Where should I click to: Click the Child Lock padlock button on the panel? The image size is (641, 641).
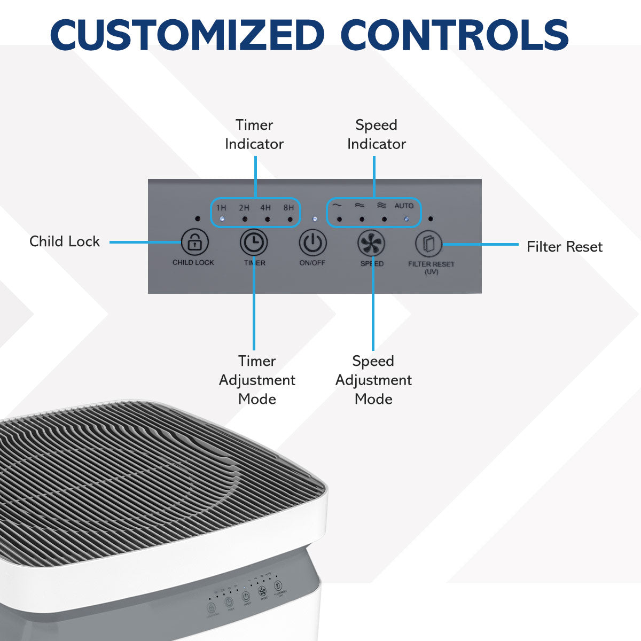click(194, 243)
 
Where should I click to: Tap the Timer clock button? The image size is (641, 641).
click(254, 243)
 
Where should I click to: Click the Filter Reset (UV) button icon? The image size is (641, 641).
click(429, 245)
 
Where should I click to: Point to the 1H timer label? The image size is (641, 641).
click(221, 208)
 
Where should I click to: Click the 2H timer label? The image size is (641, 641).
click(244, 208)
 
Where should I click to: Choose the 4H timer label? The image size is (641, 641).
click(265, 208)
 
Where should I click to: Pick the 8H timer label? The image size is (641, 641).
click(288, 208)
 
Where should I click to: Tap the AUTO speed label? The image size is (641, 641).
click(404, 206)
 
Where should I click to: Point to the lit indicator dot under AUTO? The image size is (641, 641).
click(407, 219)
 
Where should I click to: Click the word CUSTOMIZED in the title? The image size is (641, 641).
click(187, 35)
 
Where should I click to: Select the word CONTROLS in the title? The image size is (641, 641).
click(454, 35)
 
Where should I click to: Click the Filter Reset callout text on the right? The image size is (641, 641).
click(564, 247)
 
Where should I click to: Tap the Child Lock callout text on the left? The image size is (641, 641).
click(65, 241)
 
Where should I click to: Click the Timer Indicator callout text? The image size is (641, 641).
click(254, 134)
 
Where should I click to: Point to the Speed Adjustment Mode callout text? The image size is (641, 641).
click(373, 380)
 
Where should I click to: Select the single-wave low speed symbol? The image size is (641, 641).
click(337, 205)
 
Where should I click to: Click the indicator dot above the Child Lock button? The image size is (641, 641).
click(198, 219)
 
